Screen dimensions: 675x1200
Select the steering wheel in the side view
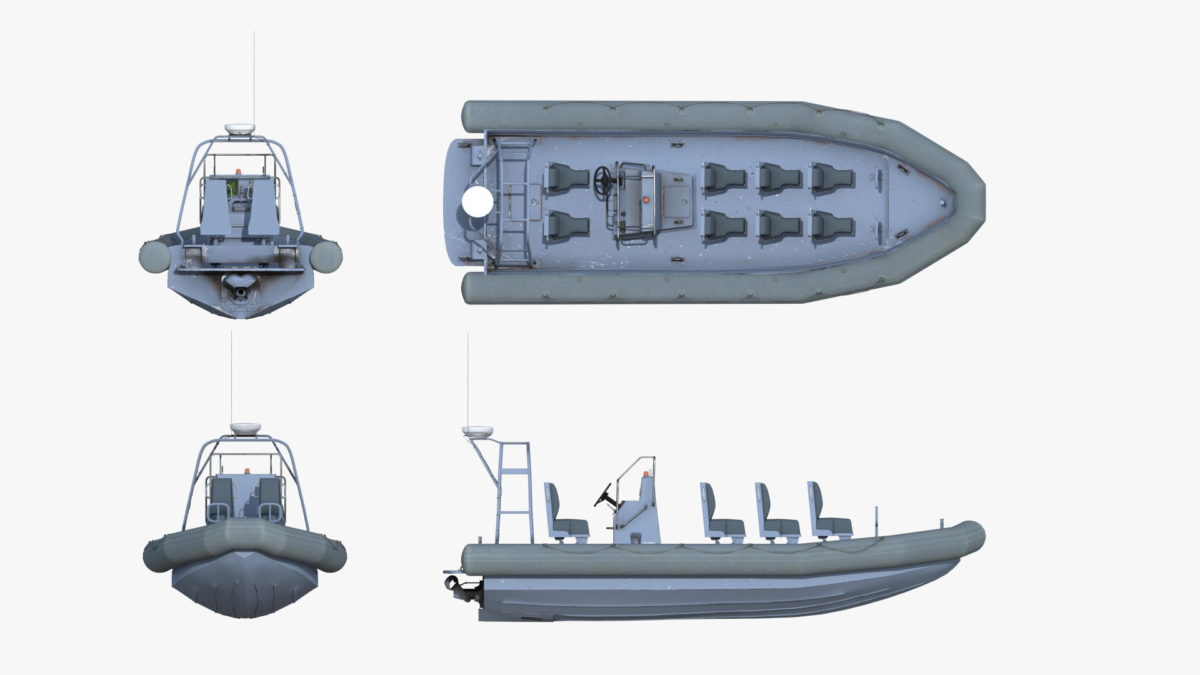point(604,493)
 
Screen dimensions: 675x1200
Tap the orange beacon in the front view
point(246,471)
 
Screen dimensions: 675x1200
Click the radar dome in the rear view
point(240,129)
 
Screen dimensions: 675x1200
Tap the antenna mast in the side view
point(468,381)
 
